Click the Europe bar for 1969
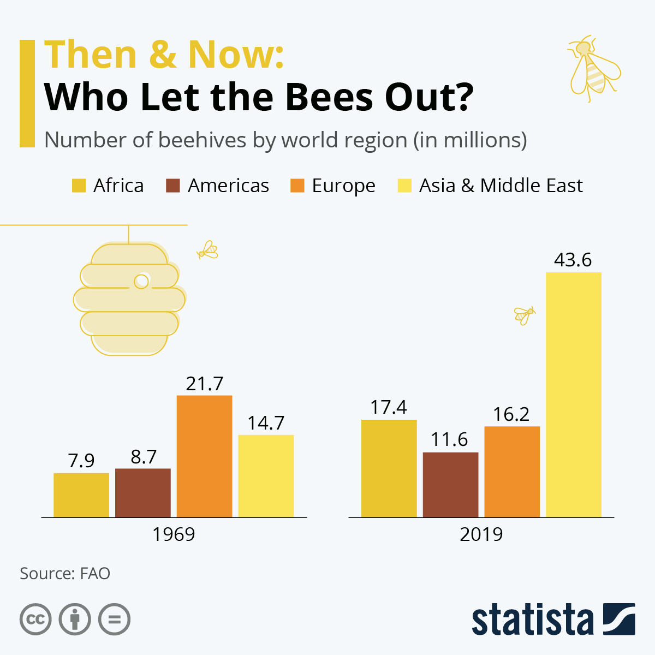click(x=204, y=456)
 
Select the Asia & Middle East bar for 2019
click(x=573, y=394)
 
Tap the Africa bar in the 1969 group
click(x=81, y=495)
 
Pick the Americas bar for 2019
click(x=450, y=484)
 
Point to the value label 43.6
click(x=573, y=260)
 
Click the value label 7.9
click(x=81, y=461)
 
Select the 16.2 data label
click(x=511, y=414)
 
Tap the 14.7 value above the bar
click(x=266, y=423)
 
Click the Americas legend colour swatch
click(x=172, y=186)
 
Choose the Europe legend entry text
click(x=343, y=186)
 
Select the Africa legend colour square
click(x=79, y=186)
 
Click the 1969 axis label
click(x=174, y=534)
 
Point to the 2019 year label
click(x=481, y=534)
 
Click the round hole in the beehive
click(x=141, y=281)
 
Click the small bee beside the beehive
click(x=207, y=250)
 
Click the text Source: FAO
click(x=65, y=574)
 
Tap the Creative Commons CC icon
click(x=35, y=620)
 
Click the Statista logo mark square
click(x=619, y=619)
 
